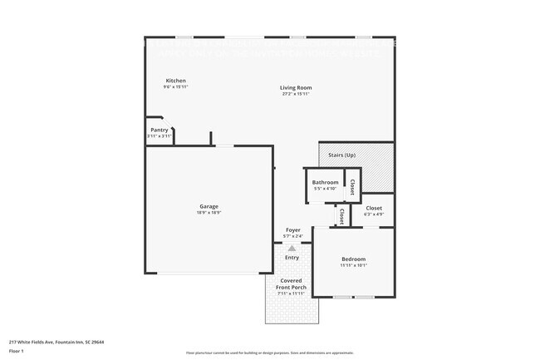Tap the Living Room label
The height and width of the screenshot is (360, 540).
coord(295,88)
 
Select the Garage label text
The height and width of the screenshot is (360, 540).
coord(209,206)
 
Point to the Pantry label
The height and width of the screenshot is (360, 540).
coord(160,130)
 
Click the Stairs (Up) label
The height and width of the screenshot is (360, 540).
coord(342,155)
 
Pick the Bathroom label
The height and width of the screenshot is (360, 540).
coord(325,182)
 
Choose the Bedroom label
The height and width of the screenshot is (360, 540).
coord(354,260)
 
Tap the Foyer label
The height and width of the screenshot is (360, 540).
coord(293,229)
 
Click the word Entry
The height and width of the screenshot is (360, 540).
coord(292,257)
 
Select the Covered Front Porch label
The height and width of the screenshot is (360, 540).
coord(292,284)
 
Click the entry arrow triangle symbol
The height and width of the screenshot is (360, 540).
coord(292,247)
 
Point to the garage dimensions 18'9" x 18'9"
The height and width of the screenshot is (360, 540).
coord(209,213)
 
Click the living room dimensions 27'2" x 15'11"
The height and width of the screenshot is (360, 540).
coord(295,94)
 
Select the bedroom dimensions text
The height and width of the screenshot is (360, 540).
coord(354,266)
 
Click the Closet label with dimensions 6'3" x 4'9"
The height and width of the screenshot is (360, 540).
coord(374,208)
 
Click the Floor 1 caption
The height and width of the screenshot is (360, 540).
coord(17,351)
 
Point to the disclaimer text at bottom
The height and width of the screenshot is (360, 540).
coord(269,353)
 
